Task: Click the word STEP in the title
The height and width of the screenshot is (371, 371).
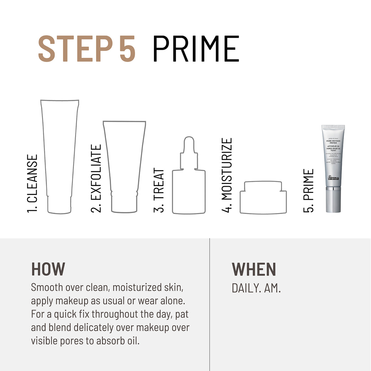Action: pos(75,49)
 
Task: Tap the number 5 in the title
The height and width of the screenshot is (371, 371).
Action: pos(127,49)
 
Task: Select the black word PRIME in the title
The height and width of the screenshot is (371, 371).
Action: pos(196,49)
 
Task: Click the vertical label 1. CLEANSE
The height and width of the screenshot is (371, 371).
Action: pos(32,183)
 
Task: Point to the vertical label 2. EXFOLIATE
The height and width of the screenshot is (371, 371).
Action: pos(96,178)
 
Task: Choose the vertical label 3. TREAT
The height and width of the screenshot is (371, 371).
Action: pos(159,190)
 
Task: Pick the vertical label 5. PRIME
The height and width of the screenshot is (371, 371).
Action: pos(309,190)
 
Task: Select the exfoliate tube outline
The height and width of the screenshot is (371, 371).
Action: pos(124,167)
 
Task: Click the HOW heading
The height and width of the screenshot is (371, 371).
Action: pos(48,269)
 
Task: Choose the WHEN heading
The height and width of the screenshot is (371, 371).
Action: pos(254,269)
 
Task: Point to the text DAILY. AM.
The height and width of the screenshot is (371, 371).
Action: pos(256,288)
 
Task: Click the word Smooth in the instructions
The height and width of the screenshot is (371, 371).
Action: pos(47,287)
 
